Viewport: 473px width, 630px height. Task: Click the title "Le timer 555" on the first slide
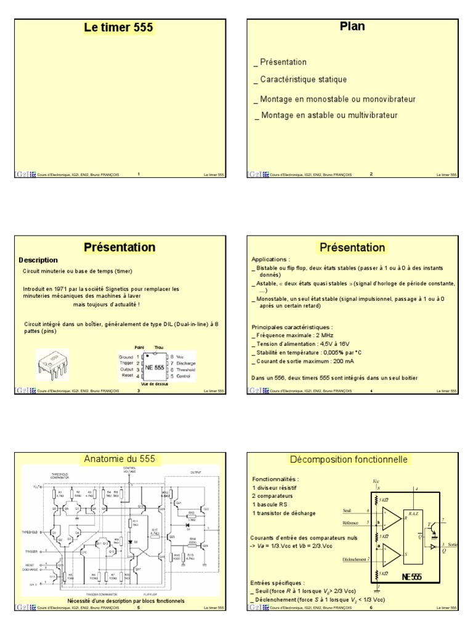119,28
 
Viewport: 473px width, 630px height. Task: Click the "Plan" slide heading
352,26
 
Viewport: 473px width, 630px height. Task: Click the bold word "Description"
38,260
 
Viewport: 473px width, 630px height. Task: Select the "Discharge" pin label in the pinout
185,363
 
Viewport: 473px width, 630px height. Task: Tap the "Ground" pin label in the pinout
127,356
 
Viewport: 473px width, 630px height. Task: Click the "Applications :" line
271,260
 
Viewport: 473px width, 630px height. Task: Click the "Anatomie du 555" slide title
119,460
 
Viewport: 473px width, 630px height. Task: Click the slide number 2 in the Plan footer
371,174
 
